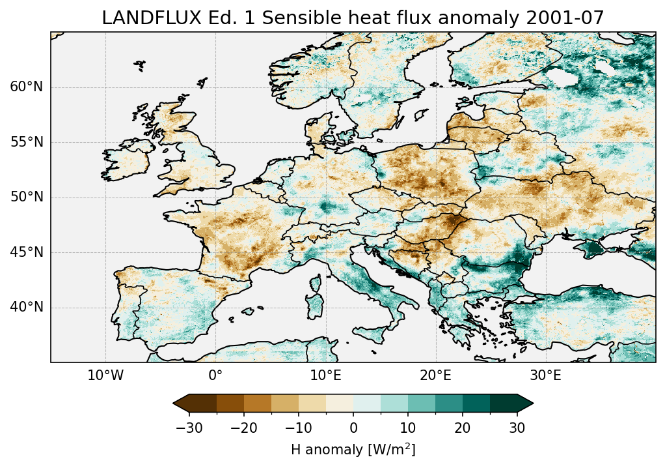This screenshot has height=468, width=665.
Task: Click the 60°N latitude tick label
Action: (x=27, y=87)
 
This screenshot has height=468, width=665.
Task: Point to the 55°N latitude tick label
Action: (x=27, y=142)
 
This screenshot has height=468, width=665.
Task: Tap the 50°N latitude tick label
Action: (x=27, y=197)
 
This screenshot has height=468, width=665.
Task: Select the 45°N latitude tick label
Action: (x=27, y=252)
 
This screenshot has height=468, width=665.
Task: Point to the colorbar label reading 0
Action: (x=353, y=428)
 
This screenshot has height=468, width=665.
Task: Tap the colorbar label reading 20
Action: (x=463, y=428)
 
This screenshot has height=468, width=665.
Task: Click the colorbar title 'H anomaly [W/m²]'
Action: (x=353, y=449)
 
